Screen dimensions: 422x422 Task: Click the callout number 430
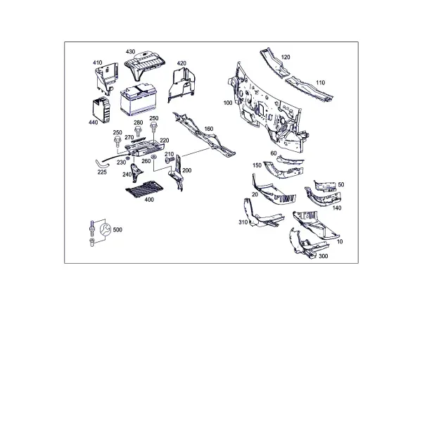[x=131, y=51]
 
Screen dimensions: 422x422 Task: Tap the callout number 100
[x=228, y=103]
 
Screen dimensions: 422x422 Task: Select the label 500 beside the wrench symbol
[x=117, y=229]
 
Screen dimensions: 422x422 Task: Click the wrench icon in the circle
[x=105, y=229]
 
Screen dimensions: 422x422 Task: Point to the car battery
[x=139, y=99]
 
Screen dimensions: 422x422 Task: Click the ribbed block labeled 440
[x=101, y=109]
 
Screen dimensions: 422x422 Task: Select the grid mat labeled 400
[x=144, y=188]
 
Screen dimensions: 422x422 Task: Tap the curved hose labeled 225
[x=101, y=163]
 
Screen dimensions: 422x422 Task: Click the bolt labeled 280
[x=138, y=131]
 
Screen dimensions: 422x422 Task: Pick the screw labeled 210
[x=170, y=160]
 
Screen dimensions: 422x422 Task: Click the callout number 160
[x=209, y=129]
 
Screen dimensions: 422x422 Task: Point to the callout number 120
[x=286, y=57]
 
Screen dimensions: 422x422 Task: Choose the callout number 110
[x=320, y=82]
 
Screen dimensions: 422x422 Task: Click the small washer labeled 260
[x=154, y=157]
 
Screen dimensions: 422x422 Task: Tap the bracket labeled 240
[x=136, y=172]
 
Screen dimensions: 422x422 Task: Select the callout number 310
[x=243, y=222]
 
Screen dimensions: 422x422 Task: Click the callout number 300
[x=324, y=256]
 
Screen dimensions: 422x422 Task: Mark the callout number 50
[x=341, y=184]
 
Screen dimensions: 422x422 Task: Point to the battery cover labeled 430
[x=144, y=65]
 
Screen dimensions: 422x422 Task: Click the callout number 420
[x=181, y=63]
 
